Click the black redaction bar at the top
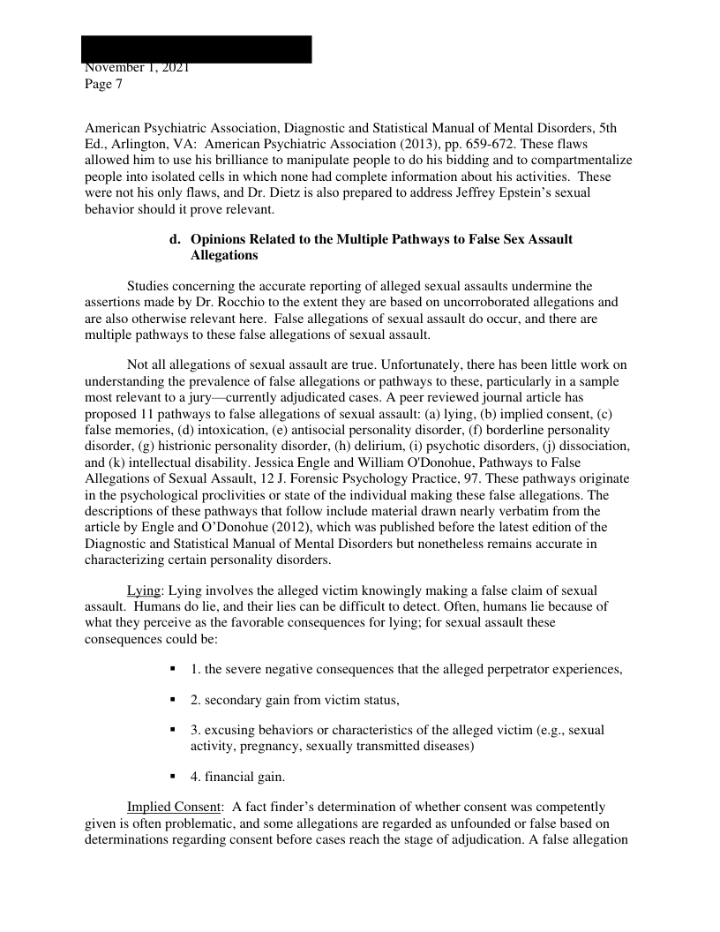(197, 49)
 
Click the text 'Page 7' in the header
(103, 85)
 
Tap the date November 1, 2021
(137, 68)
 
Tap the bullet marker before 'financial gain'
(173, 778)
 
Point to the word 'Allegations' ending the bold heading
(224, 256)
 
